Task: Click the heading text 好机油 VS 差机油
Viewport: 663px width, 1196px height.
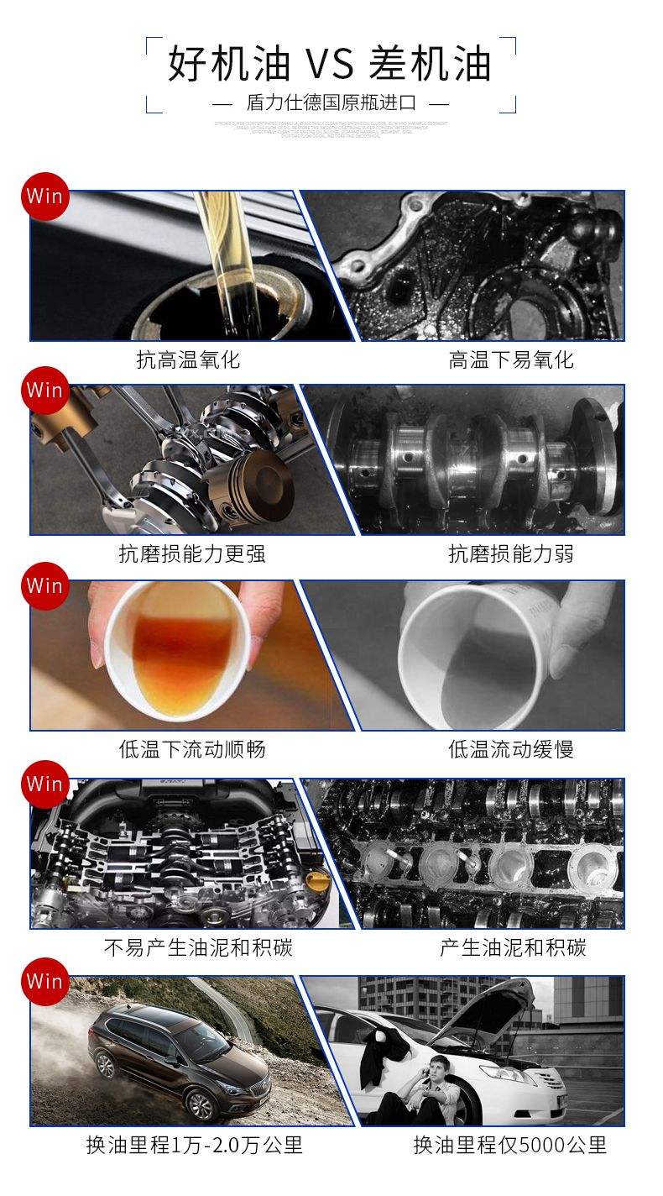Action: point(330,65)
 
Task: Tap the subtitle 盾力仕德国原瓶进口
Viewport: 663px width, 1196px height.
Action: point(331,103)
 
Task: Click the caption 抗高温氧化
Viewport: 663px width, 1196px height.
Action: point(188,360)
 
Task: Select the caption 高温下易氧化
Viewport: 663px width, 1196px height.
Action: point(510,360)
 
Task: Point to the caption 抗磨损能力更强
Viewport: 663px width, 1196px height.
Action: point(192,554)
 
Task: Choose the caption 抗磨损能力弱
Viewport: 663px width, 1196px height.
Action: point(510,554)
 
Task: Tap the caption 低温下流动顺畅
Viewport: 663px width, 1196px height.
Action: point(192,749)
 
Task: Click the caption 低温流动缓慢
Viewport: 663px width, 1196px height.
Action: point(510,749)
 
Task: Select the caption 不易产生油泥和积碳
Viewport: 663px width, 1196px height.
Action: point(198,948)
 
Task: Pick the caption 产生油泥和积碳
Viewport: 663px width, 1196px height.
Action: point(513,948)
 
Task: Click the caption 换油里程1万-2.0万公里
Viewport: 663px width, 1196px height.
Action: point(194,1145)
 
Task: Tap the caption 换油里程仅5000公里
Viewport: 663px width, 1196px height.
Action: point(509,1145)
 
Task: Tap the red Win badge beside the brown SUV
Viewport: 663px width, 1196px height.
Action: point(44,981)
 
